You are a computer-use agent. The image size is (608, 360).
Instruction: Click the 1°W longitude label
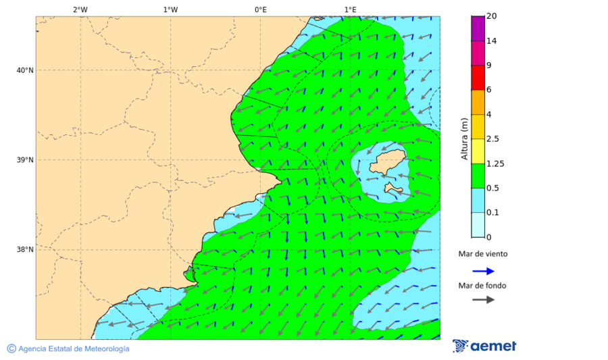click(170, 9)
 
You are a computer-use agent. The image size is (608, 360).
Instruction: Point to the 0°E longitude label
click(260, 9)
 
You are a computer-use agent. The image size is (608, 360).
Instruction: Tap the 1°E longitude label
click(350, 9)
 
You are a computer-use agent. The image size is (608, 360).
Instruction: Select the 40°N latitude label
click(24, 70)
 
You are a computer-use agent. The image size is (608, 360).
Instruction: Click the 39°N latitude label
click(24, 160)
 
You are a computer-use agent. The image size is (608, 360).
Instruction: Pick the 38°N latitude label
click(24, 250)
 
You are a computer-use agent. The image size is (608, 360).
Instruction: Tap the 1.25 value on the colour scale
click(496, 163)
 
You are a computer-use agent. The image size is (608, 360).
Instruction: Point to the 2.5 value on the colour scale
click(492, 139)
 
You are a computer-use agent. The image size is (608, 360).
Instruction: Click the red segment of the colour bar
click(478, 78)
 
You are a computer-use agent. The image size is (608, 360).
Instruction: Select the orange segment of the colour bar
click(478, 102)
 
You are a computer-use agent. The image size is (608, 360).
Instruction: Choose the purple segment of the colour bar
click(478, 28)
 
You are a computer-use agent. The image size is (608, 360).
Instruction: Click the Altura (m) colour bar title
click(464, 139)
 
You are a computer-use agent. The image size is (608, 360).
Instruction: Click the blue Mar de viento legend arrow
click(483, 271)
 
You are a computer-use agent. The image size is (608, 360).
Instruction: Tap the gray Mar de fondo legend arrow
click(483, 300)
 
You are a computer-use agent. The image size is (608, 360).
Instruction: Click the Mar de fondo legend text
click(482, 286)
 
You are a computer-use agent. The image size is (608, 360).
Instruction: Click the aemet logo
click(484, 346)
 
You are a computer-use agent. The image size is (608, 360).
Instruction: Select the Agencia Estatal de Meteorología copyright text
click(68, 349)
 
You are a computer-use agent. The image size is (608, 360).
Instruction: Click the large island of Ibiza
click(383, 162)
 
